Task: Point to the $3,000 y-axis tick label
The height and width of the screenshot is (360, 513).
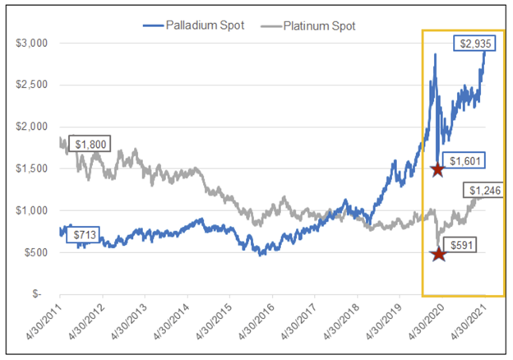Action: [33, 42]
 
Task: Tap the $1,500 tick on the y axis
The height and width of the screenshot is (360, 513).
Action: [33, 168]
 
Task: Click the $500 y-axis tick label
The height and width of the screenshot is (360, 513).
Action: [37, 252]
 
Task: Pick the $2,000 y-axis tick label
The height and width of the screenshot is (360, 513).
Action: [33, 126]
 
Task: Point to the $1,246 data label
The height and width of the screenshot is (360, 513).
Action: [485, 191]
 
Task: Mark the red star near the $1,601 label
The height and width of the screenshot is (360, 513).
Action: [437, 169]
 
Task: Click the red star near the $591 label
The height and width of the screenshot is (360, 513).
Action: [438, 254]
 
